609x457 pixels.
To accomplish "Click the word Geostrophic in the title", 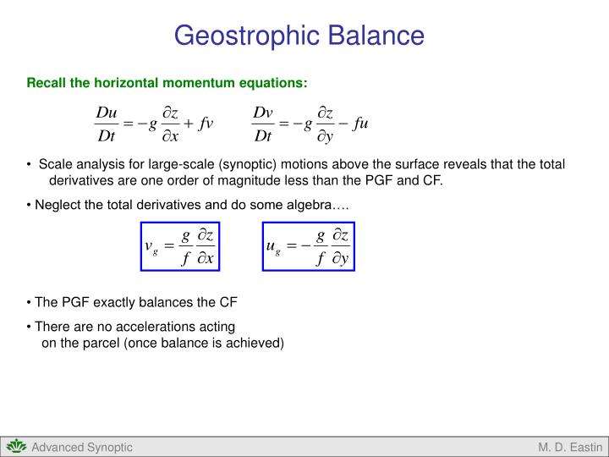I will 245,36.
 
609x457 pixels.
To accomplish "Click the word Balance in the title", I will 375,36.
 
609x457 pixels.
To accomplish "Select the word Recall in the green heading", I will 47,83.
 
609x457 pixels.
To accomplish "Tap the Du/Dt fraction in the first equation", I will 107,124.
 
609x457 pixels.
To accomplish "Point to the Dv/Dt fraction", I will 263,124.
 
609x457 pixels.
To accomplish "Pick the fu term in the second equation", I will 361,124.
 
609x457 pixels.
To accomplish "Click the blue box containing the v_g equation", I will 180,246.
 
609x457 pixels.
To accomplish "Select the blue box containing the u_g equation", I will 307,246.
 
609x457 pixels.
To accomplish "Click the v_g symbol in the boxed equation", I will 151,247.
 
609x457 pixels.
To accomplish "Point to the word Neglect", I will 56,205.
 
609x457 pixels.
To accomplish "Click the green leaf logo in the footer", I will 16,447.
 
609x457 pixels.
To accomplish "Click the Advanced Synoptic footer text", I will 82,447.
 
